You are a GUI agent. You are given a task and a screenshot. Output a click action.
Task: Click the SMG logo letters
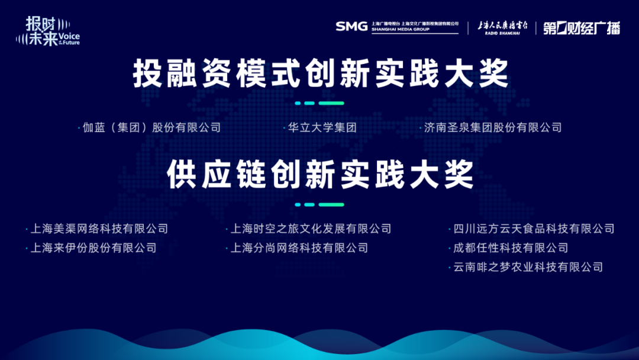351,27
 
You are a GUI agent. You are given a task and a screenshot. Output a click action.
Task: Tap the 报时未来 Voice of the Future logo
48,31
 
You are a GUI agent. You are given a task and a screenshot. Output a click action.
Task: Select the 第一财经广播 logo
582,28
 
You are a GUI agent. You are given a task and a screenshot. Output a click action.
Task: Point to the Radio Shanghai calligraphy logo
502,28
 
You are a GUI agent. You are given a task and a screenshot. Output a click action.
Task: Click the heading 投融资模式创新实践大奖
321,74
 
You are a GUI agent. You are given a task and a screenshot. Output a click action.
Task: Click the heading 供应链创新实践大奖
320,175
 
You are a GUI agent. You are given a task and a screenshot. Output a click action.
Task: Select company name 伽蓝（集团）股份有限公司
151,128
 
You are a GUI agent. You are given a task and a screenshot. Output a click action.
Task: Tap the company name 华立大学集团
322,128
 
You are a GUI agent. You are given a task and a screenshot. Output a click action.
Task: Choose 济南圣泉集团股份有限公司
493,128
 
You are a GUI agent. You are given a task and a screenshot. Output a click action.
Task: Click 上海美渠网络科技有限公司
99,229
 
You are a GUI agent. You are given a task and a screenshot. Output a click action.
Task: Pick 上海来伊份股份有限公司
93,248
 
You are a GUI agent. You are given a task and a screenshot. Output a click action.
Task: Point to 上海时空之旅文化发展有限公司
311,229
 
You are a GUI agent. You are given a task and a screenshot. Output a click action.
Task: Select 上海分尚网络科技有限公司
299,248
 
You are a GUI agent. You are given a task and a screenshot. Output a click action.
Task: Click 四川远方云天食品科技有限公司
534,229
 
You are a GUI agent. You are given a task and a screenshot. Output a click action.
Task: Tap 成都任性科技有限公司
511,248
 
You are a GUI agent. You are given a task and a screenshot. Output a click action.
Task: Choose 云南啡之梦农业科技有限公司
528,267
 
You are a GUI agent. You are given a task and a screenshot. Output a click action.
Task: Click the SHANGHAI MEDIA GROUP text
400,30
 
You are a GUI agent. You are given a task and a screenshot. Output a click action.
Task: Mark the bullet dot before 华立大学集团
284,128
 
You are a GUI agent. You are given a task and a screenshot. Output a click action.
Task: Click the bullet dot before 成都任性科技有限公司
450,249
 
